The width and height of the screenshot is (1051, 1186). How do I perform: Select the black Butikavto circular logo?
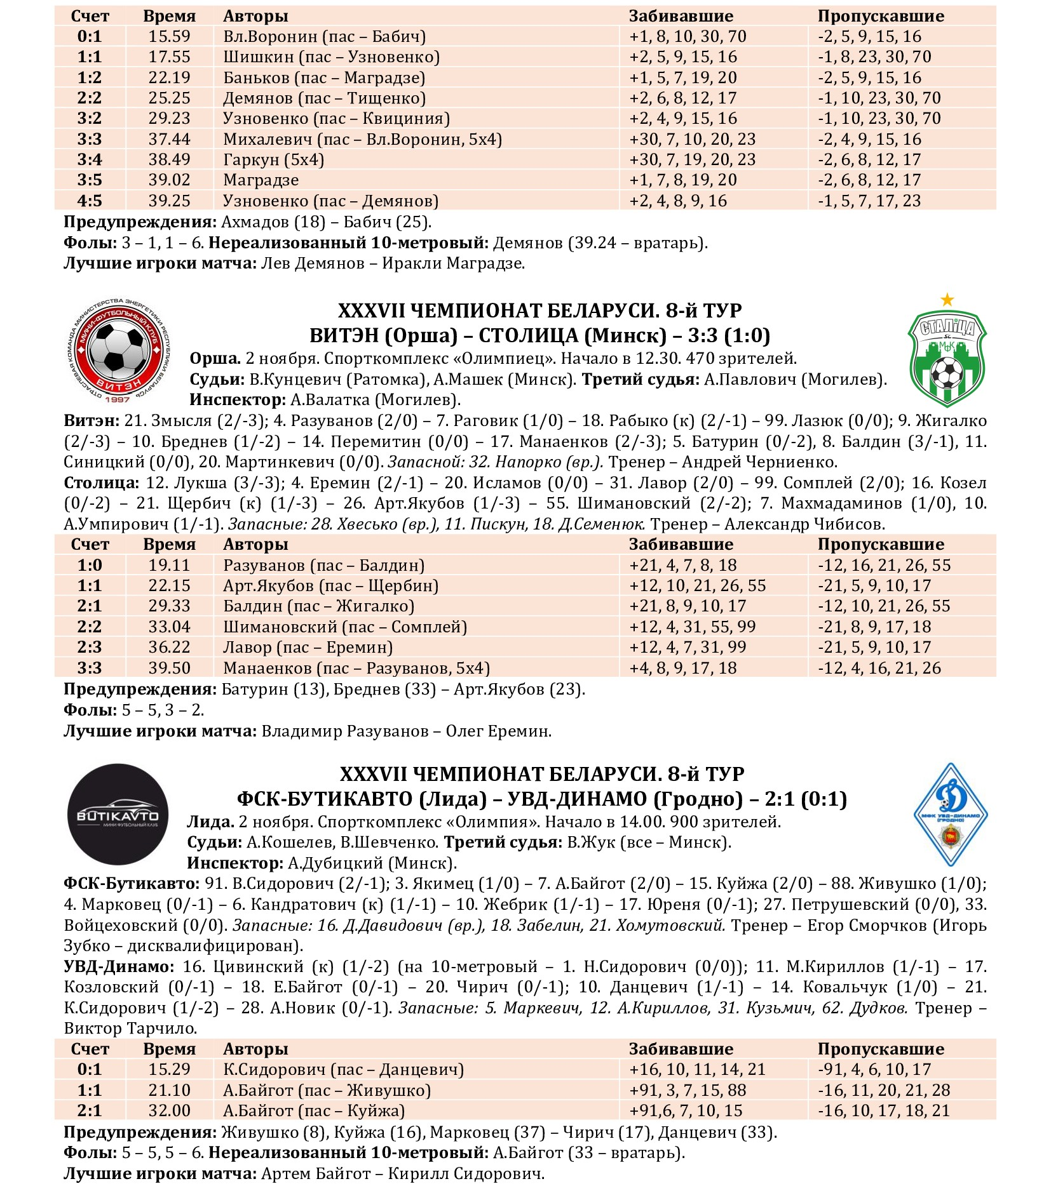point(118,814)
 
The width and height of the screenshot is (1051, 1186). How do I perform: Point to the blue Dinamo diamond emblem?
point(950,814)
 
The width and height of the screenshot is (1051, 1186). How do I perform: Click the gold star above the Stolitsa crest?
point(947,299)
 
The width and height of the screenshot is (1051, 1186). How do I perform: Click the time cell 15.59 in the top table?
point(169,37)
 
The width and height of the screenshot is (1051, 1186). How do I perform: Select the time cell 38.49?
point(169,159)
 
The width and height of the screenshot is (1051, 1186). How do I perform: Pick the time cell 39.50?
point(169,668)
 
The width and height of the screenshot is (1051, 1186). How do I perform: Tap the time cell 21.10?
point(169,1090)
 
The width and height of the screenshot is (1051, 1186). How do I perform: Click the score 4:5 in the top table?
point(90,201)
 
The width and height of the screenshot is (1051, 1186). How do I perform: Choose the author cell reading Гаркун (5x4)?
point(273,159)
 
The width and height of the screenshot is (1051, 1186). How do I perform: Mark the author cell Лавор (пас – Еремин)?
point(308,648)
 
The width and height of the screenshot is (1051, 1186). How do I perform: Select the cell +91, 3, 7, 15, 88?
point(688,1090)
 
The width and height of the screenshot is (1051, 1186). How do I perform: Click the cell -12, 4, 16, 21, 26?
point(884,668)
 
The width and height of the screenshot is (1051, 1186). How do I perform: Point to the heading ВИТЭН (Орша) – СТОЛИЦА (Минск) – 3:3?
point(539,335)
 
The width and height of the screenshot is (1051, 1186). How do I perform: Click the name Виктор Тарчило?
point(131,1028)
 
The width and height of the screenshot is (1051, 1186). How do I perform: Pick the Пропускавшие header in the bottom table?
point(881,1049)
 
